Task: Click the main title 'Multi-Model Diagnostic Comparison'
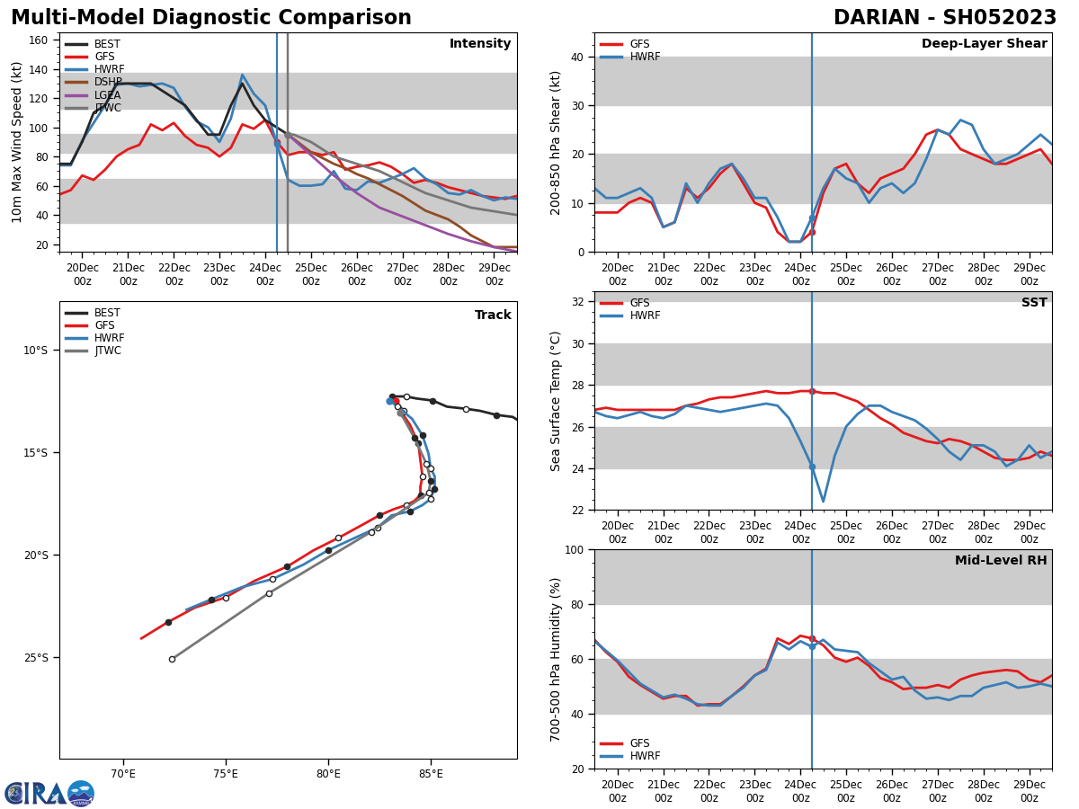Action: pyautogui.click(x=211, y=18)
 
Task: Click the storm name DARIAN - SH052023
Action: pyautogui.click(x=944, y=18)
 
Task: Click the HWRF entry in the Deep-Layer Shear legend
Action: pyautogui.click(x=643, y=57)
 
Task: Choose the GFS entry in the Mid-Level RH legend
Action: pyautogui.click(x=639, y=743)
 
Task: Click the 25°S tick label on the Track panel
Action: pyautogui.click(x=36, y=658)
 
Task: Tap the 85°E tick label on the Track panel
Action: pyautogui.click(x=431, y=774)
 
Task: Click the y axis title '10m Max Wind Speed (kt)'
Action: pyautogui.click(x=17, y=142)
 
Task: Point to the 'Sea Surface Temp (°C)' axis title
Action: pyautogui.click(x=556, y=401)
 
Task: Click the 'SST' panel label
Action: pyautogui.click(x=1033, y=303)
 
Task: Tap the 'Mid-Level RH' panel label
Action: pyautogui.click(x=1000, y=561)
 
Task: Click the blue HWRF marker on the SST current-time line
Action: pyautogui.click(x=812, y=467)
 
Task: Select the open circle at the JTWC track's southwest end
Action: pyautogui.click(x=172, y=659)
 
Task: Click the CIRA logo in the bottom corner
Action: pyautogui.click(x=49, y=793)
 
